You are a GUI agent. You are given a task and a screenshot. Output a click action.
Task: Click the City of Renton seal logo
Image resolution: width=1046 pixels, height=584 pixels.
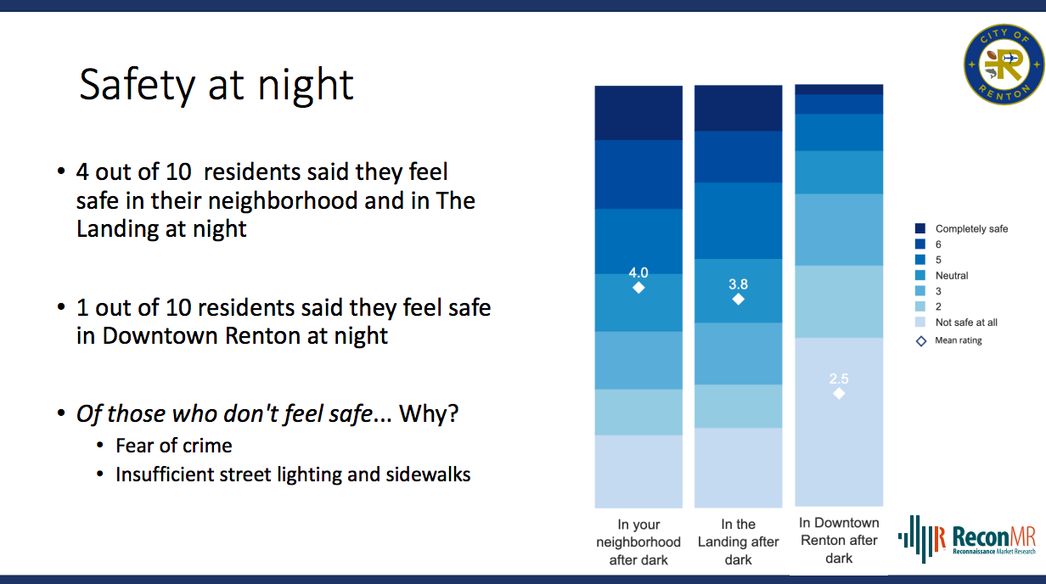point(1004,65)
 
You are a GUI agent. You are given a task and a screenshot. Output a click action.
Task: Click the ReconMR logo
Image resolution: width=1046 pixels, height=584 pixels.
point(967,538)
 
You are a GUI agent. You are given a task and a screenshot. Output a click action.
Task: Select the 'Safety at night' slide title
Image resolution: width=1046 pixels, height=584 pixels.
point(217,86)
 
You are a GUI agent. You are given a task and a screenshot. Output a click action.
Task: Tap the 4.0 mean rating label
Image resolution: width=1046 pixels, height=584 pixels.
point(638,272)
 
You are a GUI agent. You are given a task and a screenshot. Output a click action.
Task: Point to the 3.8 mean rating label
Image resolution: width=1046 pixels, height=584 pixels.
point(739,284)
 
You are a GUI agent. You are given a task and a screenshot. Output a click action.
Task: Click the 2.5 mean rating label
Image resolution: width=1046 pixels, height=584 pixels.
point(839,379)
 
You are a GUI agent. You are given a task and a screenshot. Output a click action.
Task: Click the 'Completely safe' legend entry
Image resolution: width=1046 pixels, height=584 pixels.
point(961,228)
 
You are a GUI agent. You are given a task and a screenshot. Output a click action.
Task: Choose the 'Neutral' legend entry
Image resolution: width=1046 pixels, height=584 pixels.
point(942,275)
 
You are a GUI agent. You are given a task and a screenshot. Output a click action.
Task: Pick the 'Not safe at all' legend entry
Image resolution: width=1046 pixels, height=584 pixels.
point(956,322)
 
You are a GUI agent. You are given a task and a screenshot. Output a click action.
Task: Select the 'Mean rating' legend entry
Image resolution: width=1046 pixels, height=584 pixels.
point(949,340)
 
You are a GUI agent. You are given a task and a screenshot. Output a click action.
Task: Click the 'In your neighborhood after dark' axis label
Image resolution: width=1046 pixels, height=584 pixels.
point(638,542)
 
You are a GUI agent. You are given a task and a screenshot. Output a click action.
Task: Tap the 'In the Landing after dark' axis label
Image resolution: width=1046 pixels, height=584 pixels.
point(739,542)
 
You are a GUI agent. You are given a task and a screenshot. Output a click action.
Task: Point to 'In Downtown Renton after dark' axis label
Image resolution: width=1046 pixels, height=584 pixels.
point(839,540)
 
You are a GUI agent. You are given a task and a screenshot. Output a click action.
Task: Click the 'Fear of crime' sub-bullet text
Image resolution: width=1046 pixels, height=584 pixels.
point(174,446)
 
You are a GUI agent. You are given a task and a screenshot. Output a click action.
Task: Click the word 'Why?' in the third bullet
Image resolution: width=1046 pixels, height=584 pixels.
point(429,413)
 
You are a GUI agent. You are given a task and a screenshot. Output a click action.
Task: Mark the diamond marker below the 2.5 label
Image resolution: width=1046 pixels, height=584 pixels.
point(839,394)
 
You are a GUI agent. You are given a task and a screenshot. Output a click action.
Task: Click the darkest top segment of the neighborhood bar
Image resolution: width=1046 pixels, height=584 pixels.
point(638,113)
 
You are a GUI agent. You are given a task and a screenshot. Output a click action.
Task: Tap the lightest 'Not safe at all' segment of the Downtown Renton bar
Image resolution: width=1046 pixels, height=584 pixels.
point(839,422)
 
